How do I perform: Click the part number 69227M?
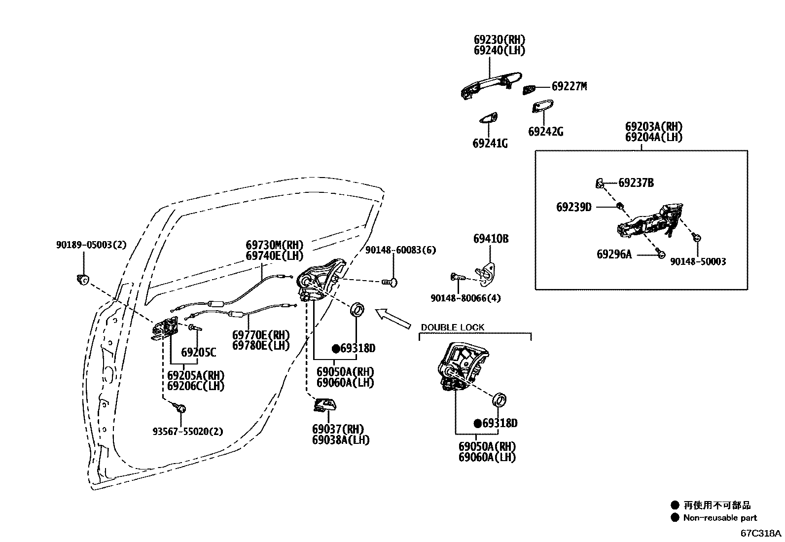pos(569,86)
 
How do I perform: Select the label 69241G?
pos(490,144)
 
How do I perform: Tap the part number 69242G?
pos(545,132)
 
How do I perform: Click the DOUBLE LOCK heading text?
pos(452,327)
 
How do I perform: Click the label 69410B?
pos(491,239)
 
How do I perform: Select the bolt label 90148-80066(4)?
pos(465,298)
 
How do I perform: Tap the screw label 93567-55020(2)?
pos(188,432)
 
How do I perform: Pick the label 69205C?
pos(198,353)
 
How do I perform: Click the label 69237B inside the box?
pos(636,183)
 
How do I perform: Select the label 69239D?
pos(573,207)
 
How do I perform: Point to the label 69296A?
pos(614,254)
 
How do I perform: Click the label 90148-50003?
pos(698,262)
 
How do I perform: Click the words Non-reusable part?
pos(719,518)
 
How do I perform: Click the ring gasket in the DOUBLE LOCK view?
pos(500,398)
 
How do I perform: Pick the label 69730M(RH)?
pos(275,245)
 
